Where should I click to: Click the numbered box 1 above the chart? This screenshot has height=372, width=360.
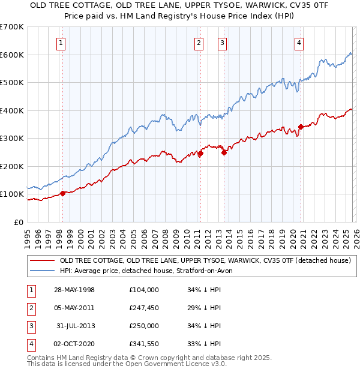62,43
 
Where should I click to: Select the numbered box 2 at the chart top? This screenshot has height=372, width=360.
199,43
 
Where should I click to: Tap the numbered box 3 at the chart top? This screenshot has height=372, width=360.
222,43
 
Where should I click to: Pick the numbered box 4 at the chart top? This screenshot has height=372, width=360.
299,43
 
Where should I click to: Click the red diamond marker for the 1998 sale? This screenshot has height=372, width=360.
62,194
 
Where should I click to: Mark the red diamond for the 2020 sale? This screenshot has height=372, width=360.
301,127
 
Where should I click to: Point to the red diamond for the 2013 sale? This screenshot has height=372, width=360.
224,152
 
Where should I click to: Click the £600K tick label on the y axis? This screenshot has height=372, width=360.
12,55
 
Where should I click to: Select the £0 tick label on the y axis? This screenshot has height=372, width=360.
19,222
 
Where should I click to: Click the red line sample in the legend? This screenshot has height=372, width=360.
42,261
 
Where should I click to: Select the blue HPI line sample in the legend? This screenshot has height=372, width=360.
42,271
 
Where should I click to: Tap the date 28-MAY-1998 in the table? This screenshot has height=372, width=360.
74,290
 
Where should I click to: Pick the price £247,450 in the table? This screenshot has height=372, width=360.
144,308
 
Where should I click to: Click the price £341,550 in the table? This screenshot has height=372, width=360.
144,344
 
